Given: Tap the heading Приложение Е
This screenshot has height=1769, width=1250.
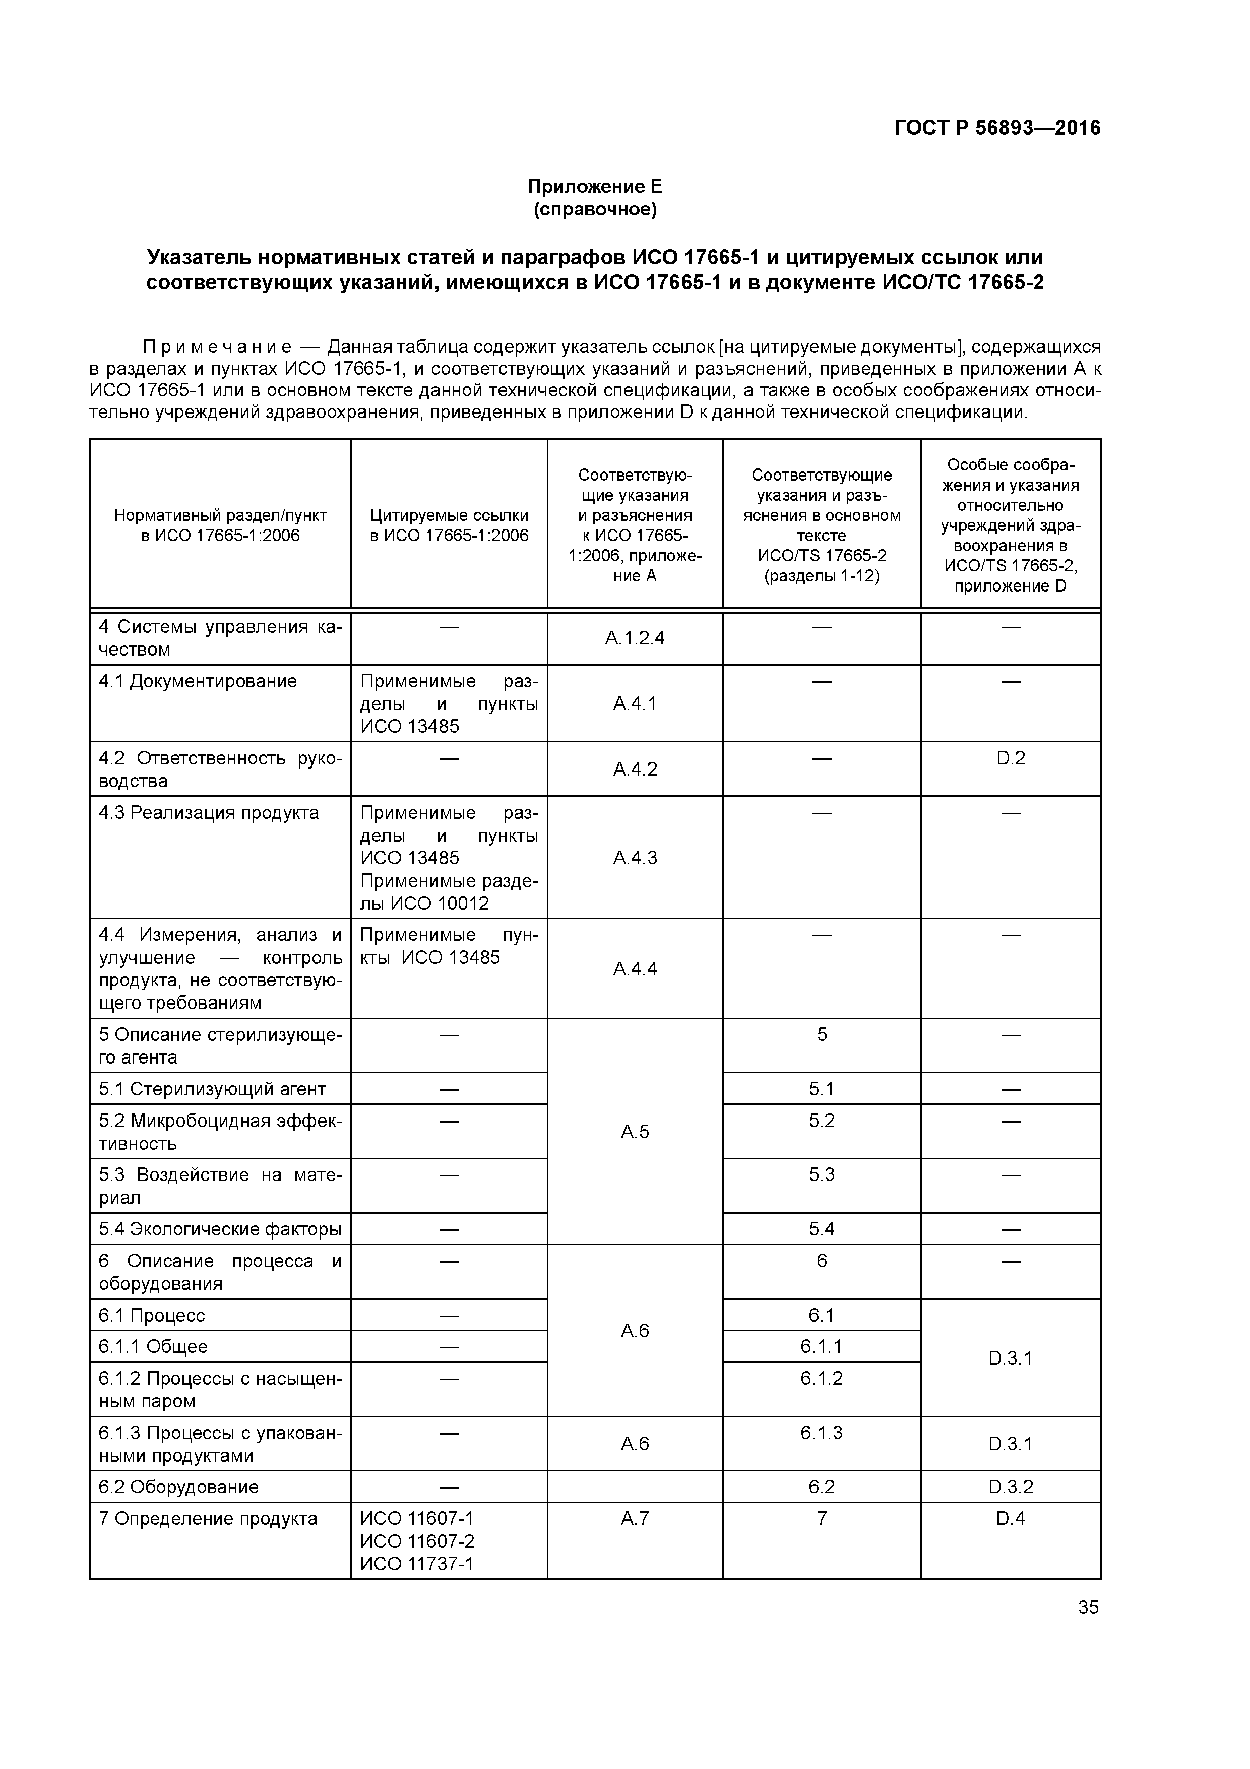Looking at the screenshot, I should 595,187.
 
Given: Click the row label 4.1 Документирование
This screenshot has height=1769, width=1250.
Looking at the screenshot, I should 198,681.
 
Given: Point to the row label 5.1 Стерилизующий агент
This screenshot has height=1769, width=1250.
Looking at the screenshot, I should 213,1089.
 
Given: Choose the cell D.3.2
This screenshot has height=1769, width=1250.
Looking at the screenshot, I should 1011,1486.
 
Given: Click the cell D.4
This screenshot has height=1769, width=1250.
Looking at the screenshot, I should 1011,1518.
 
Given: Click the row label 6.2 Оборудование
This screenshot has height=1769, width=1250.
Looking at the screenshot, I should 179,1486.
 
